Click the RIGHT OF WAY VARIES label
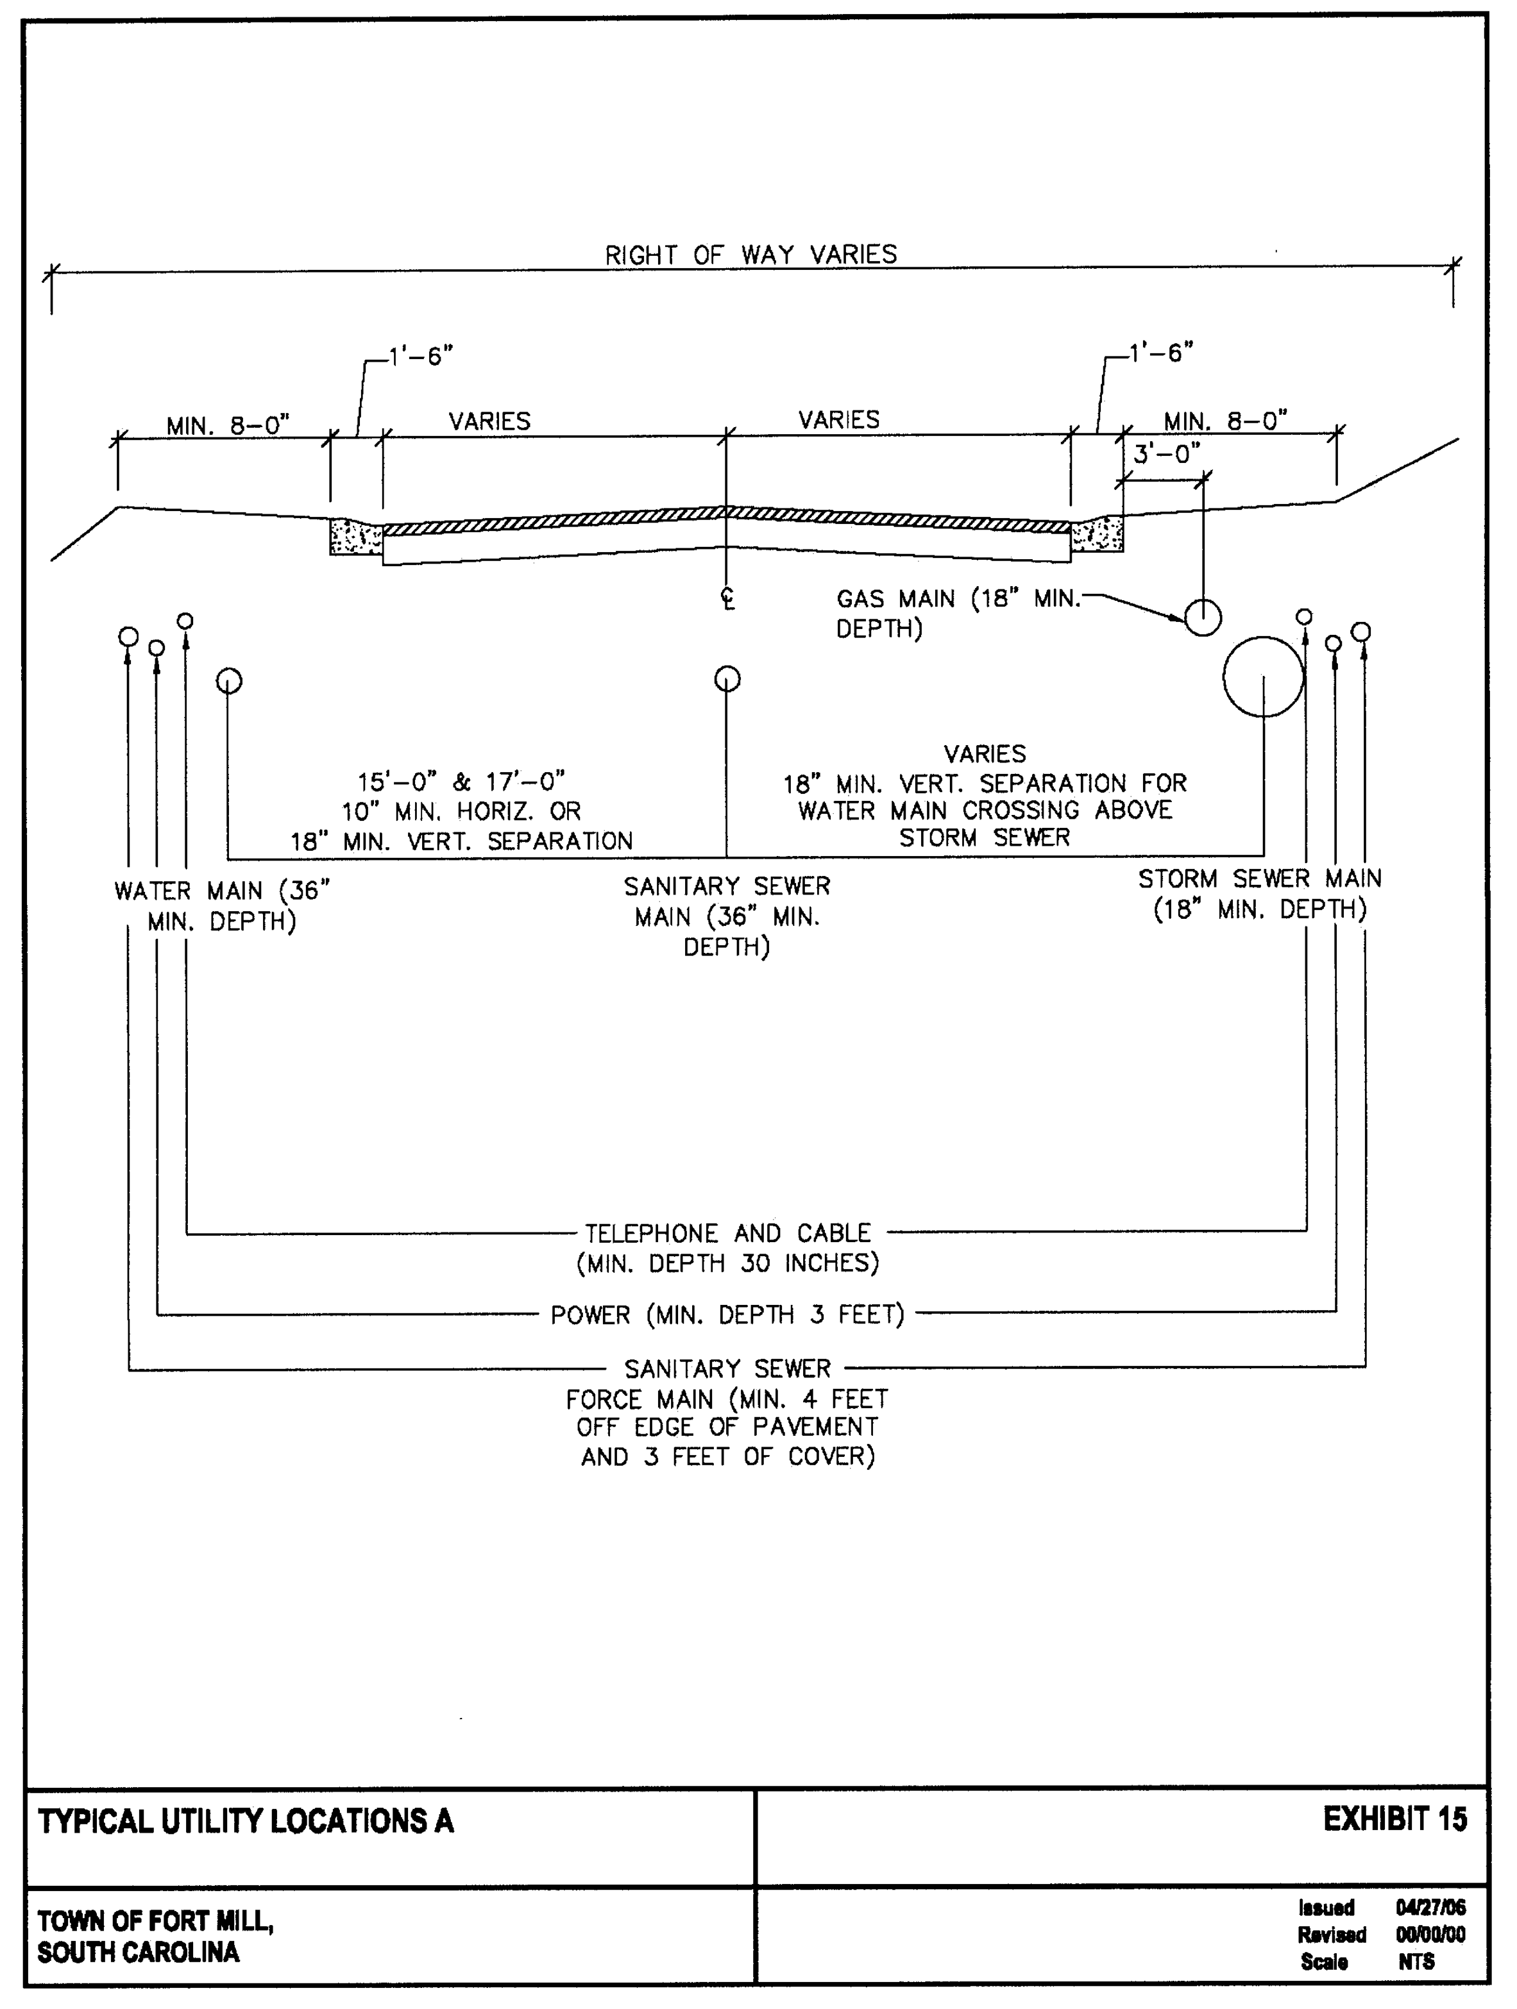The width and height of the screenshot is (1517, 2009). [x=751, y=255]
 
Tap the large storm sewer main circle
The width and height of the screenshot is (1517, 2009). [x=1224, y=677]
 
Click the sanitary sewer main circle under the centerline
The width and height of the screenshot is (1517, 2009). [x=716, y=678]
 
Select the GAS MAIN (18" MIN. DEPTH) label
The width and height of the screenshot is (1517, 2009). [x=958, y=614]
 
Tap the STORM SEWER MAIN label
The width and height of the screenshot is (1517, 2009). [x=1260, y=879]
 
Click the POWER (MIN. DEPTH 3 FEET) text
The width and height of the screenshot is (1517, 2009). [x=727, y=1315]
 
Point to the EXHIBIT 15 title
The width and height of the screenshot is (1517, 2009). [x=1394, y=1819]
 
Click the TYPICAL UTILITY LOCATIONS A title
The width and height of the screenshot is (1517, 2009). [x=245, y=1821]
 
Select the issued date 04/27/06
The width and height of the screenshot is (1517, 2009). [x=1430, y=1907]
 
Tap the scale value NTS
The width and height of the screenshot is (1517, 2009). [x=1416, y=1962]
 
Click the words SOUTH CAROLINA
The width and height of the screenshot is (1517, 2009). [x=138, y=1952]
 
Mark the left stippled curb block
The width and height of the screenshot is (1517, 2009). [x=356, y=536]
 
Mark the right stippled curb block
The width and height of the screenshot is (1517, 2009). [x=1097, y=534]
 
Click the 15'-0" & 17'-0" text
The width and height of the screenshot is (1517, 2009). [x=461, y=781]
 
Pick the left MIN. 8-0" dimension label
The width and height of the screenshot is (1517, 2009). [x=227, y=425]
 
